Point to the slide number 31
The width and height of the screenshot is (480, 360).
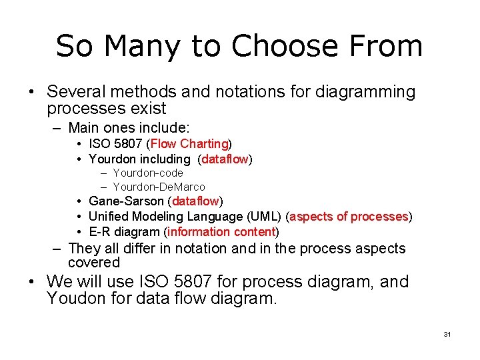(x=447, y=334)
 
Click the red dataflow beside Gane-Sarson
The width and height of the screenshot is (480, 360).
(x=195, y=201)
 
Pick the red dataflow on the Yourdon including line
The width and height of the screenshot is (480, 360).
(x=225, y=159)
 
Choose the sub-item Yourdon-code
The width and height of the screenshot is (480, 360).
(x=148, y=173)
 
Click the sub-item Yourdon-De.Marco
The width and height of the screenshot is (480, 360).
(x=159, y=187)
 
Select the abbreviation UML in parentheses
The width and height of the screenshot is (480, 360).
(x=264, y=216)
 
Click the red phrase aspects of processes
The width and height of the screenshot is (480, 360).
(x=349, y=216)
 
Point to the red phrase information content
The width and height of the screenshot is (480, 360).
(x=221, y=231)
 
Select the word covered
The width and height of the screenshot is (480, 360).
(x=93, y=263)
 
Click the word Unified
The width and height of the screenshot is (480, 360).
(x=109, y=216)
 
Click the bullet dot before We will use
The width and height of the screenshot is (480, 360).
(x=31, y=282)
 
